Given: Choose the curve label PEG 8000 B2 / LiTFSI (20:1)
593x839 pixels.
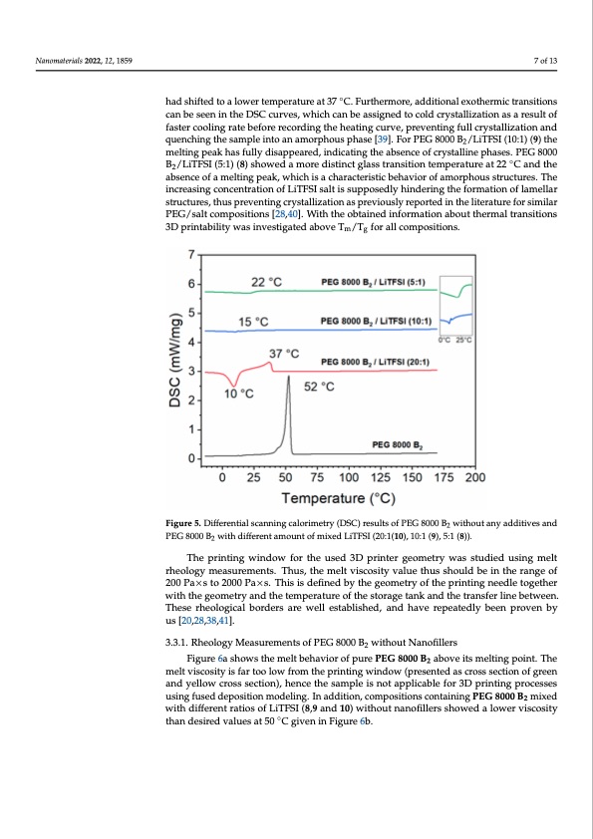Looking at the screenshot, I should (374, 361).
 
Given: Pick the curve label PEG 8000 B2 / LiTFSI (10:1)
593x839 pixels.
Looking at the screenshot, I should (373, 321).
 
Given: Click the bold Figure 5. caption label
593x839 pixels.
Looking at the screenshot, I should (186, 521).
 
